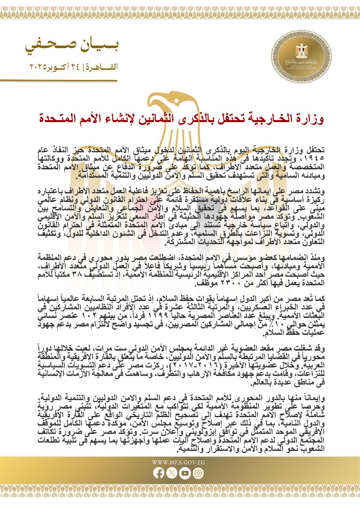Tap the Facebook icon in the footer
(x=159, y=473)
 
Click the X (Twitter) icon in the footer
(x=172, y=473)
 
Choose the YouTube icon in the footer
(x=186, y=473)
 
